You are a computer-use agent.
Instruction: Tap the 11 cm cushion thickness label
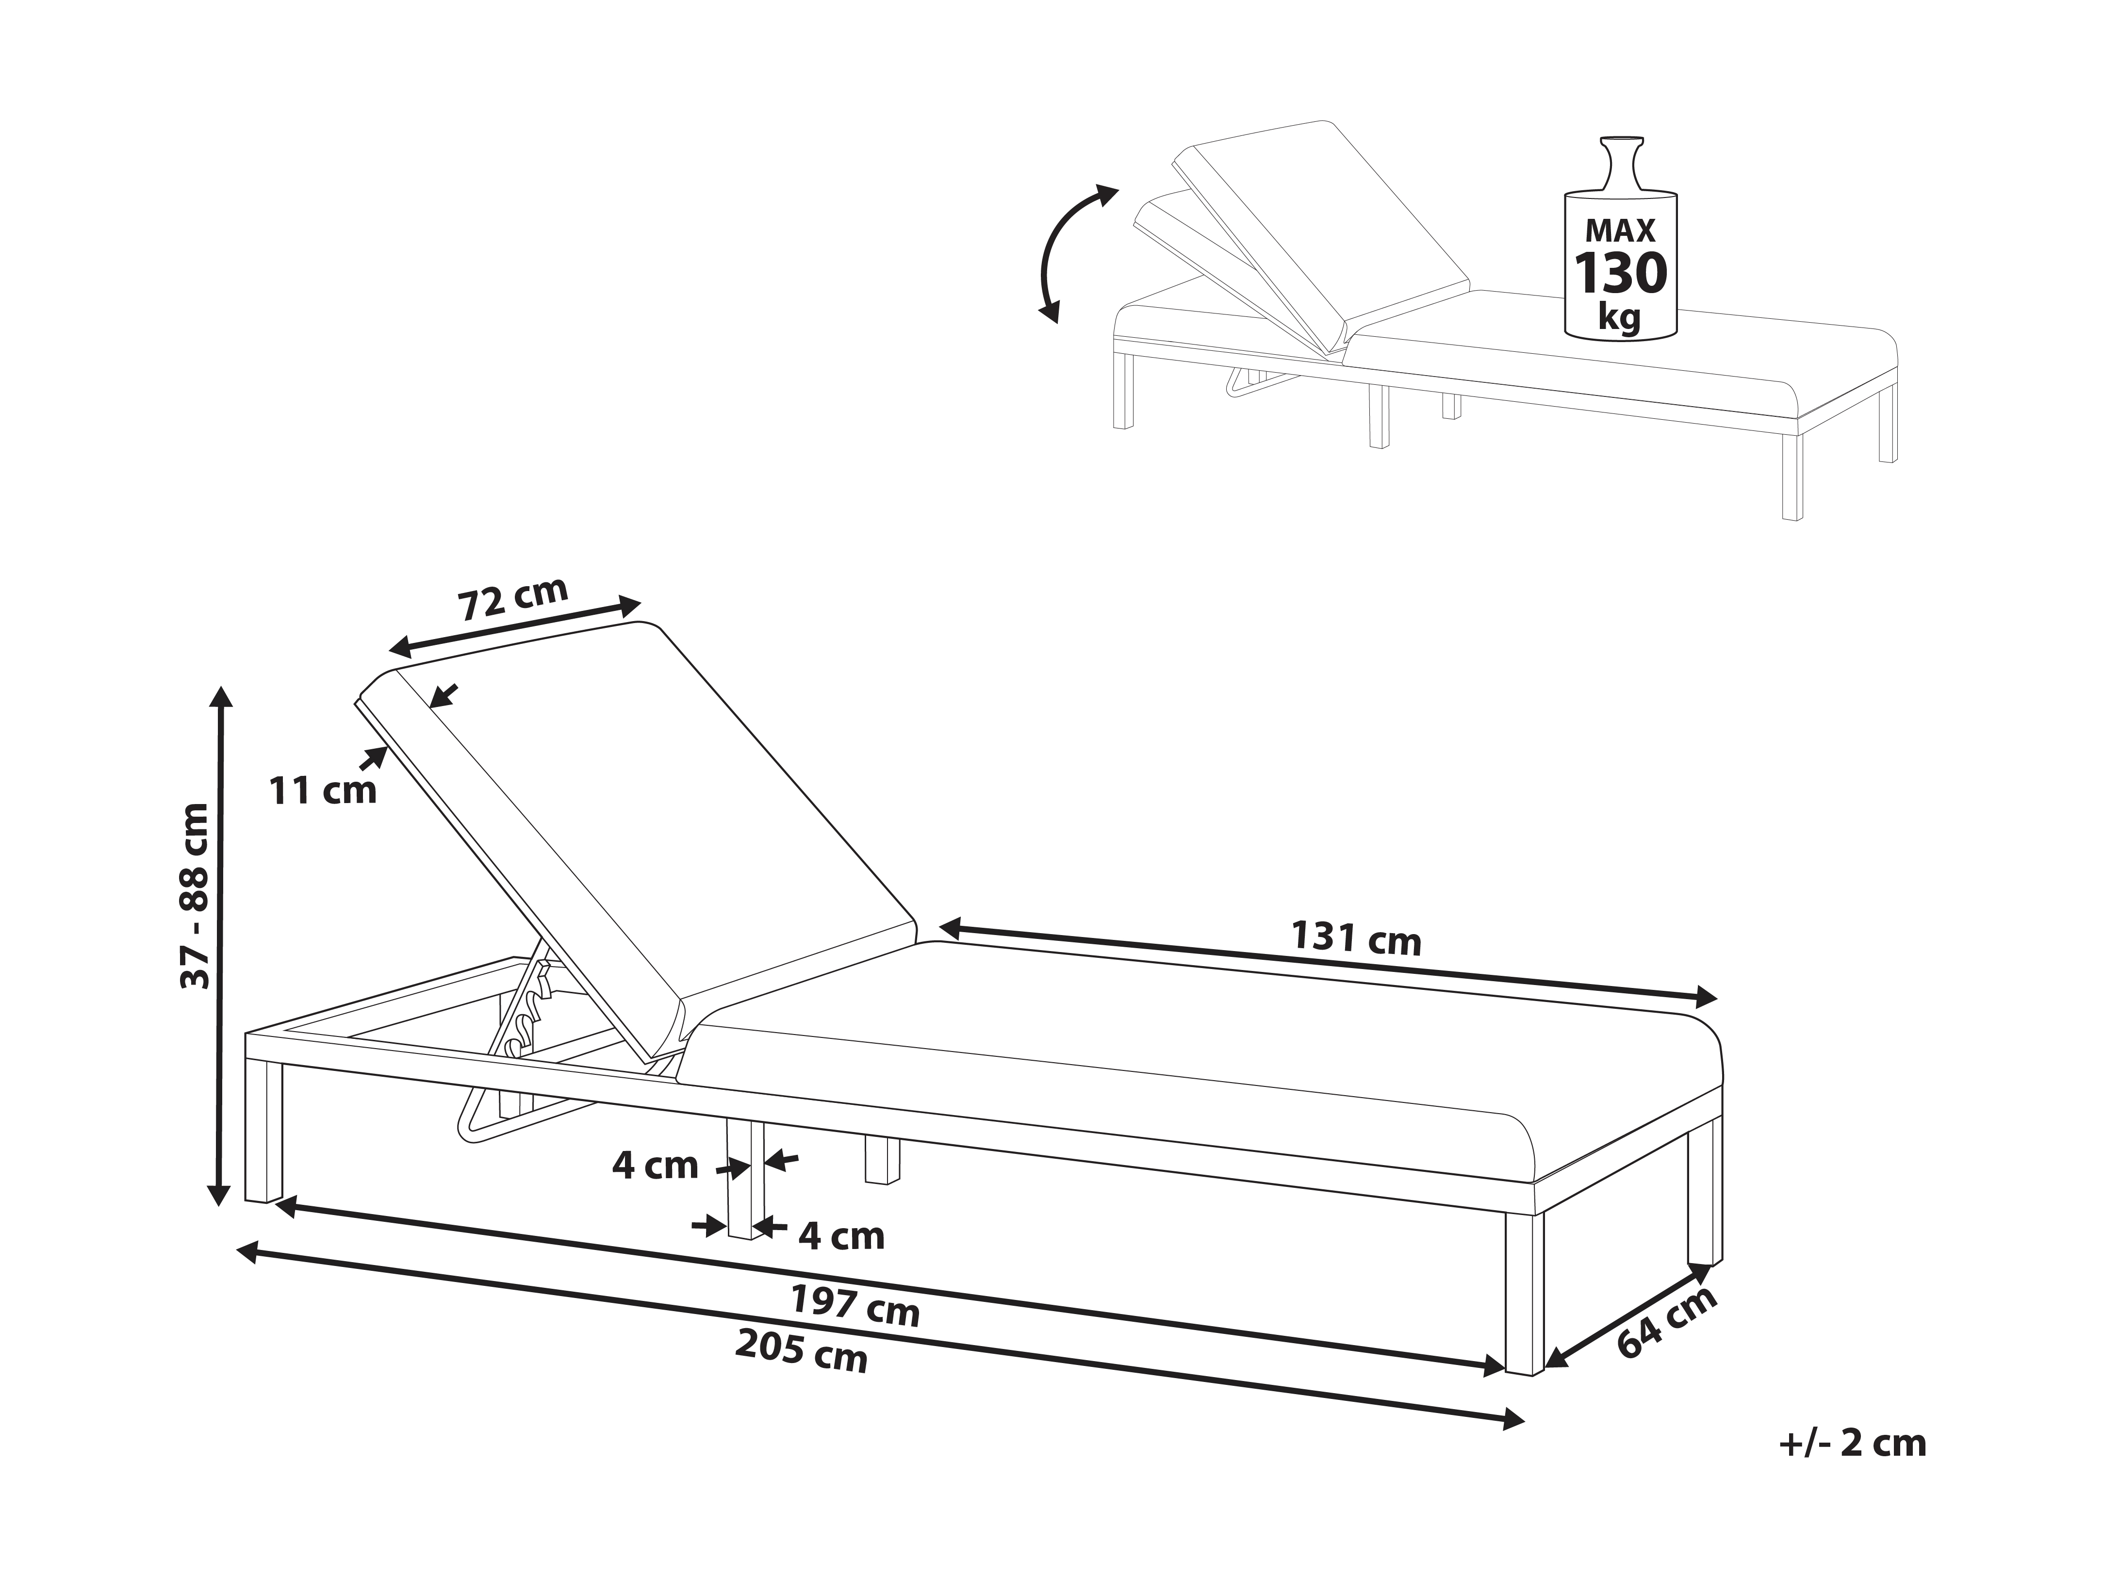pyautogui.click(x=323, y=789)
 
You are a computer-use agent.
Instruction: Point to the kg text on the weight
pyautogui.click(x=1620, y=318)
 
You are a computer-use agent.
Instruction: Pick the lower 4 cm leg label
pyautogui.click(x=842, y=1236)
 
